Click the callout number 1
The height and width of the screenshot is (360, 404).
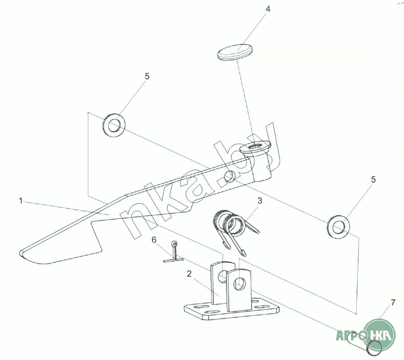tap(20, 201)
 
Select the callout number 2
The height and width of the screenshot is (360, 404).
tap(189, 274)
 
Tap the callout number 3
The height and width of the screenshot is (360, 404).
tap(260, 201)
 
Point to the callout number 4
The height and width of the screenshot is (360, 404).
tap(268, 10)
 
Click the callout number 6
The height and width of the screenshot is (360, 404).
tap(154, 240)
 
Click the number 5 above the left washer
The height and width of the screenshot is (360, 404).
tap(147, 76)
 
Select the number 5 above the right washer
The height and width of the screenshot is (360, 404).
tap(373, 179)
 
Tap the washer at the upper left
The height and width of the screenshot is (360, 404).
tap(113, 125)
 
